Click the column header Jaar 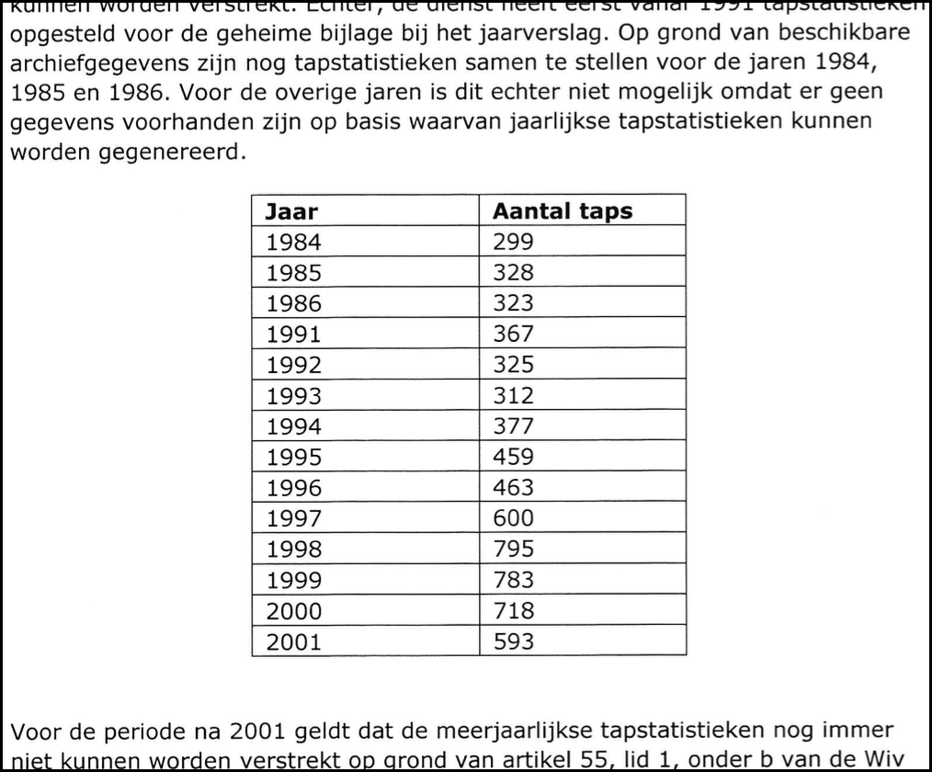291,211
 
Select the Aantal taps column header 563,211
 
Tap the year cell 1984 294,243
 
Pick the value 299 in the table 513,243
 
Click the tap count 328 513,273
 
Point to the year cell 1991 294,334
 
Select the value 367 513,334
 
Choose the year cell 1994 294,426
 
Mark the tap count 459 513,457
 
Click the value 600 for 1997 513,517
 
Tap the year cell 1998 294,549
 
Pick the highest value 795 513,549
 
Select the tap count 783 513,580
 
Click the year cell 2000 294,611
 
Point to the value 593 513,641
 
